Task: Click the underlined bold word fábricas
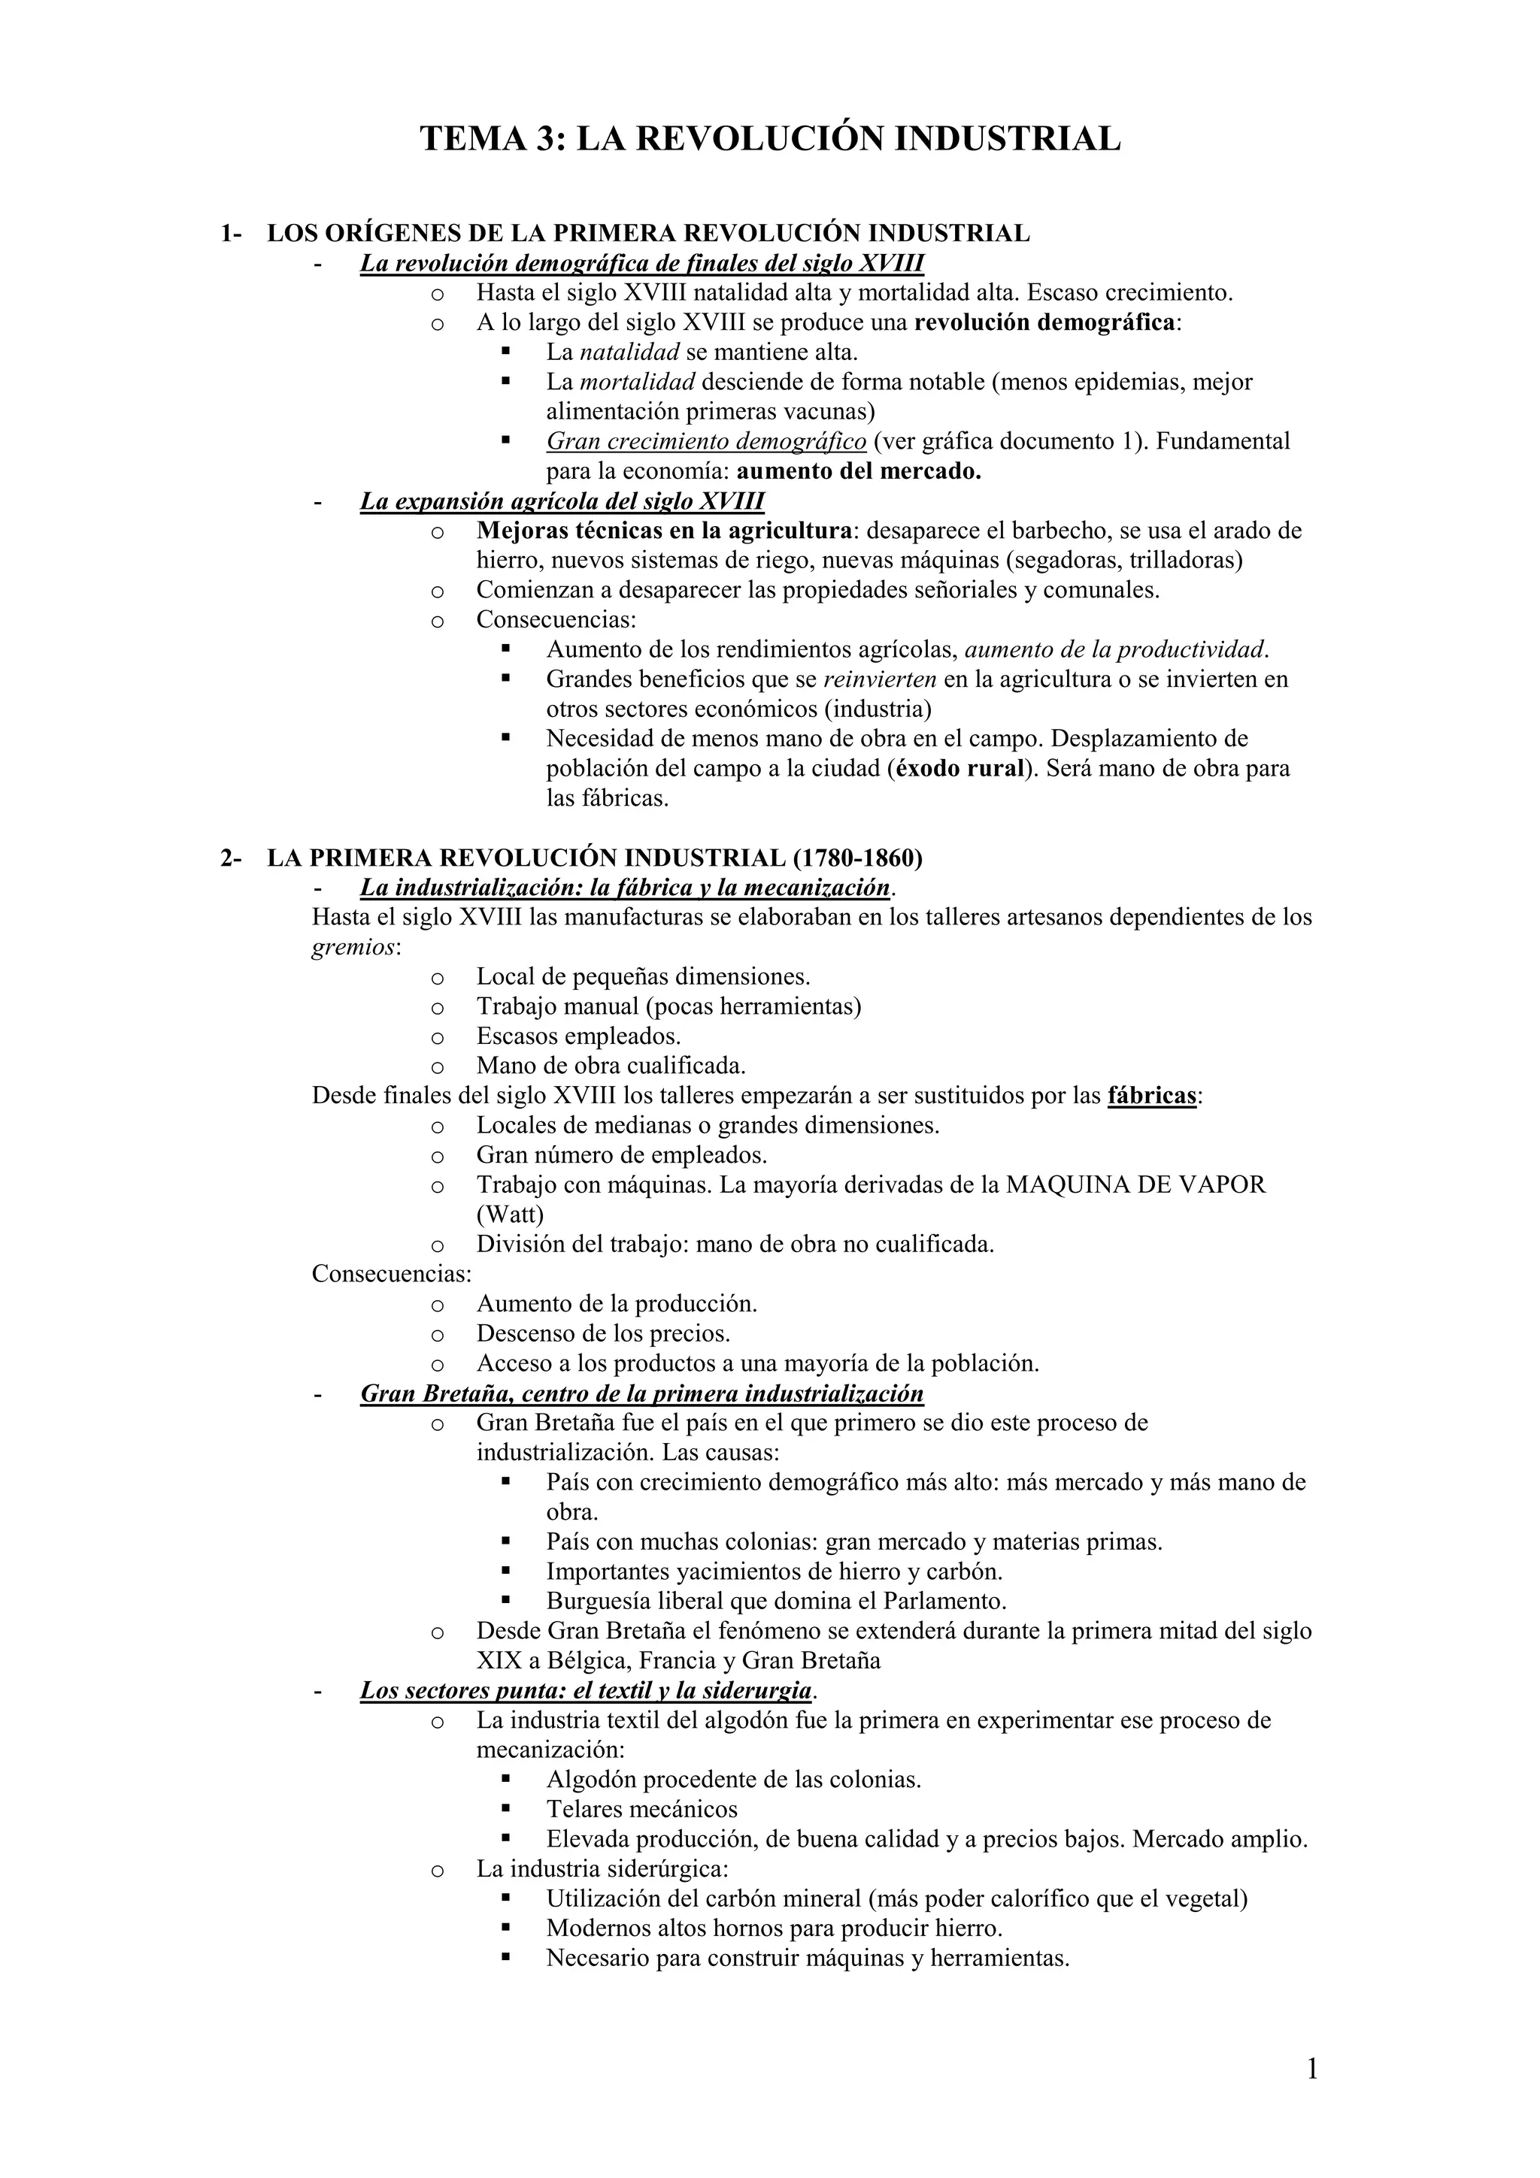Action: click(x=1151, y=1096)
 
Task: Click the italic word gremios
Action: click(x=352, y=947)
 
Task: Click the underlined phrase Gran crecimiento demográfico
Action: click(x=706, y=441)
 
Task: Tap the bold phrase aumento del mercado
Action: click(x=859, y=471)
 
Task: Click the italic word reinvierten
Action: click(x=880, y=679)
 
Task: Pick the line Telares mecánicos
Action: click(x=641, y=1809)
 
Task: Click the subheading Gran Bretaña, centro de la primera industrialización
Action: click(x=641, y=1393)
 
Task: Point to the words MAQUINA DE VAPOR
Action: click(x=1135, y=1184)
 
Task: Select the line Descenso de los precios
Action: click(x=604, y=1334)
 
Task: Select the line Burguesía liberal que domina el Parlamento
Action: click(x=775, y=1602)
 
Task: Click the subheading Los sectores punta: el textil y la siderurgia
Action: click(x=587, y=1690)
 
